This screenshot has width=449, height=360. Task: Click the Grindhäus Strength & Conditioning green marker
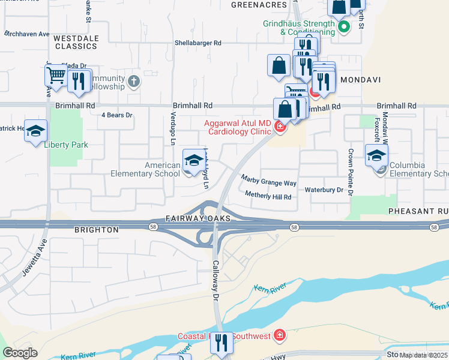coord(344,27)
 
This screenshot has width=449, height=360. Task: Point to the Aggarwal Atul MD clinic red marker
coord(279,126)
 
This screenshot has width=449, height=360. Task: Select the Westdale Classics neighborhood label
coord(76,41)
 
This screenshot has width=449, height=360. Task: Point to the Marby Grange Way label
coord(268,180)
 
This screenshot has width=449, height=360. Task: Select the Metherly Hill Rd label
coord(268,196)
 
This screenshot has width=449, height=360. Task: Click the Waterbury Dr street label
coord(324,190)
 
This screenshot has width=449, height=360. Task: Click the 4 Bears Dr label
coord(116,114)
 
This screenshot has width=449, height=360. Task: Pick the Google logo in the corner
coord(20,352)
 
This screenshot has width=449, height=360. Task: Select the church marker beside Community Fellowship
coord(133,80)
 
